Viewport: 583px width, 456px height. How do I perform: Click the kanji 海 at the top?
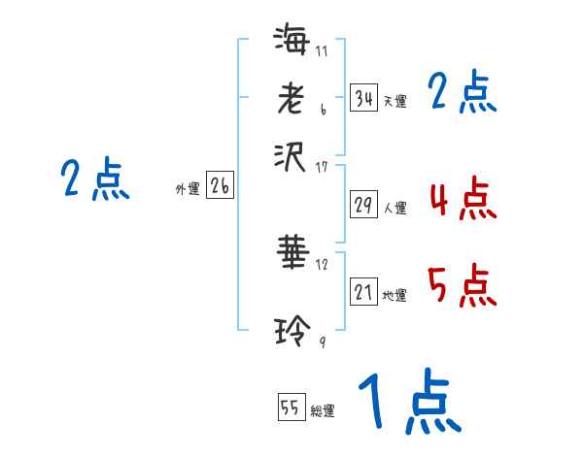(x=291, y=41)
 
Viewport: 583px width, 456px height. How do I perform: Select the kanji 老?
(x=291, y=97)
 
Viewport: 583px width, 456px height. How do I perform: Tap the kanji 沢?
(x=291, y=154)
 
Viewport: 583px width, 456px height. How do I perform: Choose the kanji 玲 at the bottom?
(x=291, y=331)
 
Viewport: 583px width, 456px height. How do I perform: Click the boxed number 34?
(x=363, y=98)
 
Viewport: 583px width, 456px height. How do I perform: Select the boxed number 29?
(x=363, y=206)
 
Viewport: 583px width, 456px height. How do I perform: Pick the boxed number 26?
(x=220, y=187)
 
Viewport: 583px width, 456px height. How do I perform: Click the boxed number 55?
(x=291, y=407)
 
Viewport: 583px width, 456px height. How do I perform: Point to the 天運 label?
(x=394, y=101)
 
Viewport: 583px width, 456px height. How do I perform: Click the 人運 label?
(x=394, y=208)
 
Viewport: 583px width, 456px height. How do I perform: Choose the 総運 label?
(x=323, y=411)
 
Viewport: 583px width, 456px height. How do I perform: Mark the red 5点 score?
(x=461, y=286)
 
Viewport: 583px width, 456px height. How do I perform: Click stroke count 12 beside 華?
(x=323, y=265)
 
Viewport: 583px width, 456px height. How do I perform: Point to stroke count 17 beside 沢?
(x=323, y=167)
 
